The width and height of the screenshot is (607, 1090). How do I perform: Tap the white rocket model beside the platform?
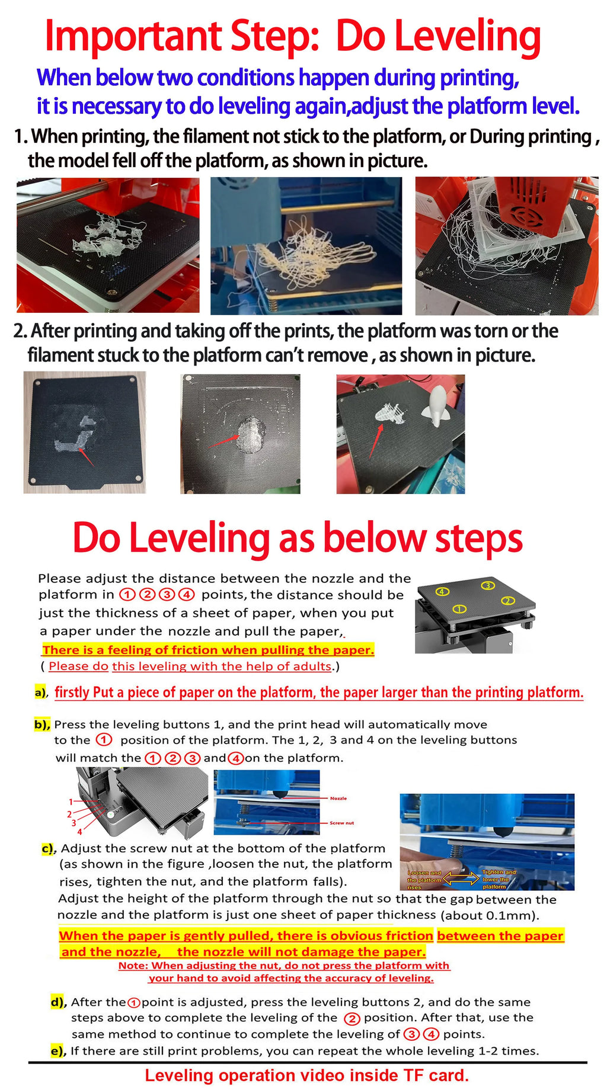click(437, 406)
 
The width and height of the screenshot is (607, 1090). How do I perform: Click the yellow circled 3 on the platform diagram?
click(487, 586)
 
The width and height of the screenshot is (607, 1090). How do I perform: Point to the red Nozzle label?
click(338, 799)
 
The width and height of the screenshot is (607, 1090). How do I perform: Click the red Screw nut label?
click(341, 823)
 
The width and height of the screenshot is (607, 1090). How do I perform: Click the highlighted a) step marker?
click(40, 692)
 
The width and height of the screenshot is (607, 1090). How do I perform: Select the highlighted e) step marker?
click(57, 1051)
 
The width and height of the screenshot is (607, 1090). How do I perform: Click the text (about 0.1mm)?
click(490, 915)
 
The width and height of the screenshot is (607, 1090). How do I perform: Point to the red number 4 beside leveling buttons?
click(79, 832)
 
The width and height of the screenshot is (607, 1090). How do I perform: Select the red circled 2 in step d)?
click(352, 1019)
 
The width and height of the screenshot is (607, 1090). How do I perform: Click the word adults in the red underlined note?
click(313, 666)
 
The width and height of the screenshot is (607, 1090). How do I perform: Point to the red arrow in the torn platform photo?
click(85, 456)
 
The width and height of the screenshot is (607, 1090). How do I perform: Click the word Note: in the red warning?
click(133, 966)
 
